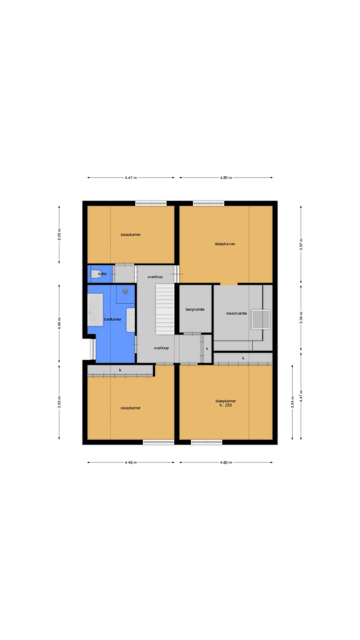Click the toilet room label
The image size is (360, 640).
pos(102,274)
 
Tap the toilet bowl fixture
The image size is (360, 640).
pos(96,274)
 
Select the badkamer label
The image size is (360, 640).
pos(112,319)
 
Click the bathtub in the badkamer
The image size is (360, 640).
pos(95,310)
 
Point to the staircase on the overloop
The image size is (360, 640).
pos(165,309)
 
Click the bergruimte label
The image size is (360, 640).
pos(195,309)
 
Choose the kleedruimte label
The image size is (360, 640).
pos(236,313)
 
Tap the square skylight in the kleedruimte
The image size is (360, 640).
pos(260,319)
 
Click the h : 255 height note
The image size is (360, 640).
pos(226,405)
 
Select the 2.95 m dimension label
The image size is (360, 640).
pos(59,234)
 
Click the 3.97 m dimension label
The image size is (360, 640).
pos(301,244)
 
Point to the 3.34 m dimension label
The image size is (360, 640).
pos(301,318)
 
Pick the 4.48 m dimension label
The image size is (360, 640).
pos(131,462)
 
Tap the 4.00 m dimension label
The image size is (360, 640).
pos(59,324)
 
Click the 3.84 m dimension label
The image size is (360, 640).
pos(292,402)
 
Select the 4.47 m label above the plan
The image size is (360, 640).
pos(131,178)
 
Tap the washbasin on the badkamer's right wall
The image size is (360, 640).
pos(131,320)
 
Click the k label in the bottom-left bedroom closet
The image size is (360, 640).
pos(120,370)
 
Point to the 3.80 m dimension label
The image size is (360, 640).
pos(59,402)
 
